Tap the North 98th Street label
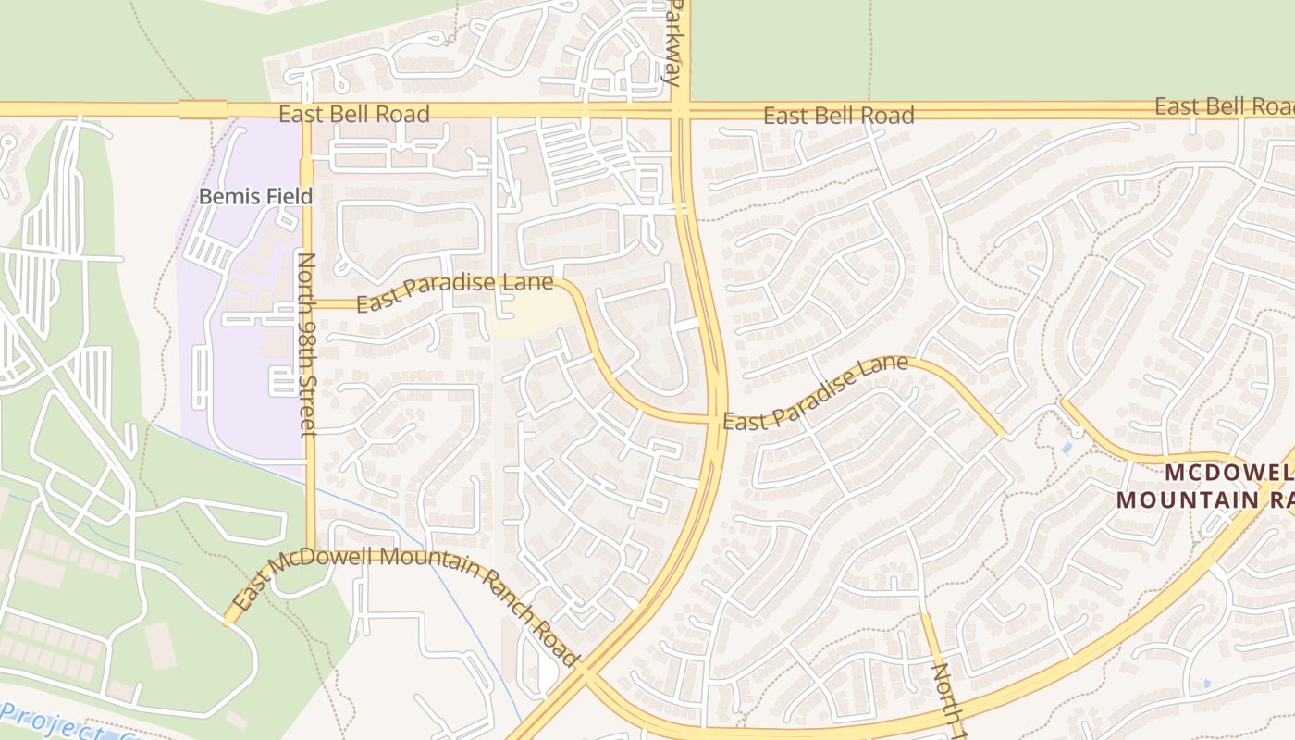[x=308, y=344]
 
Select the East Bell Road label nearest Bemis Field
[x=354, y=114]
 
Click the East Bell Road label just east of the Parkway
[x=838, y=116]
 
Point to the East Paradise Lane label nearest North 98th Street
[x=454, y=293]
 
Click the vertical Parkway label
[x=677, y=42]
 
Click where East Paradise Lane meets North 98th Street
[x=309, y=303]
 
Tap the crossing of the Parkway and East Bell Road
[x=679, y=111]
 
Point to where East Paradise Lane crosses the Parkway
[x=715, y=419]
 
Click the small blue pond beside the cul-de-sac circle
[x=1067, y=449]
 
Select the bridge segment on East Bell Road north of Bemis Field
[x=203, y=110]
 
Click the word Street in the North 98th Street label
[x=308, y=397]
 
